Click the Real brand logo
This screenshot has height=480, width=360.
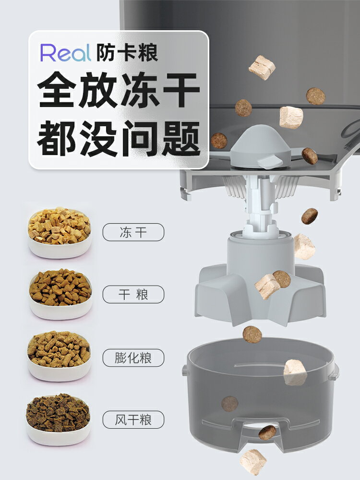[x=65, y=53]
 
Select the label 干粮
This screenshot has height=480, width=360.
[x=133, y=294]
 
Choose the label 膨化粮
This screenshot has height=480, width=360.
[x=133, y=358]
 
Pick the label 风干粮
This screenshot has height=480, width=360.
[x=133, y=420]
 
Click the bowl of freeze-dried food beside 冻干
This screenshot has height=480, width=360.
[x=59, y=232]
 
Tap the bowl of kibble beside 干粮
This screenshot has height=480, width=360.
[x=60, y=294]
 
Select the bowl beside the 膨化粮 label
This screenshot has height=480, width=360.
[x=59, y=356]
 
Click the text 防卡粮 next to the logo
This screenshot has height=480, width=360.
[x=127, y=53]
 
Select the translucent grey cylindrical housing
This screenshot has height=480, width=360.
[x=260, y=394]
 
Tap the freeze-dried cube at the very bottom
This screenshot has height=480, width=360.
[x=253, y=462]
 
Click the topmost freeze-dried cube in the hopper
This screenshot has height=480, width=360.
[x=262, y=67]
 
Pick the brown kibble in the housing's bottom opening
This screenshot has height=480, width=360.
[x=267, y=432]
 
